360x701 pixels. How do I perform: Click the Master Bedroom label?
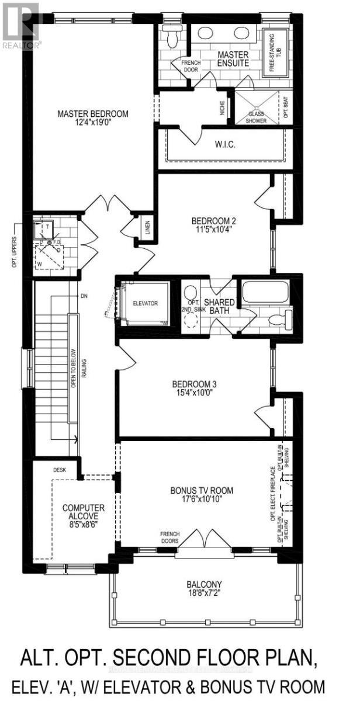click(92, 113)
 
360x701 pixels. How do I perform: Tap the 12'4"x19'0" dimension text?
click(92, 123)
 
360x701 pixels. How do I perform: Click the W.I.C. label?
click(225, 144)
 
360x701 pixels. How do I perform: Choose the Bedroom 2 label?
click(213, 221)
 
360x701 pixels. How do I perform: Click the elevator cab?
click(144, 304)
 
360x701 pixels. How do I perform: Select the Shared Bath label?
click(219, 307)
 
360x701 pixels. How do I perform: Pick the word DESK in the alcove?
click(60, 469)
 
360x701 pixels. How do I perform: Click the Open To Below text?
click(74, 368)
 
